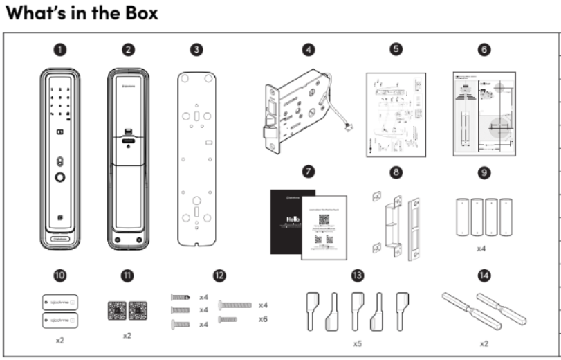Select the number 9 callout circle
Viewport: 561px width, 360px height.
tap(484, 171)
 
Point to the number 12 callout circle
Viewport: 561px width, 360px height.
tap(219, 275)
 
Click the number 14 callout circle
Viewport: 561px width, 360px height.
tap(484, 275)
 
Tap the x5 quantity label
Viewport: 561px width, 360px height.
tap(357, 342)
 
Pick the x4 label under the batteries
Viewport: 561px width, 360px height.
tap(484, 246)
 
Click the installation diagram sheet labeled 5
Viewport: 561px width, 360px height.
tap(394, 114)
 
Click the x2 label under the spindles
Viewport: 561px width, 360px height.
tap(484, 342)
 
